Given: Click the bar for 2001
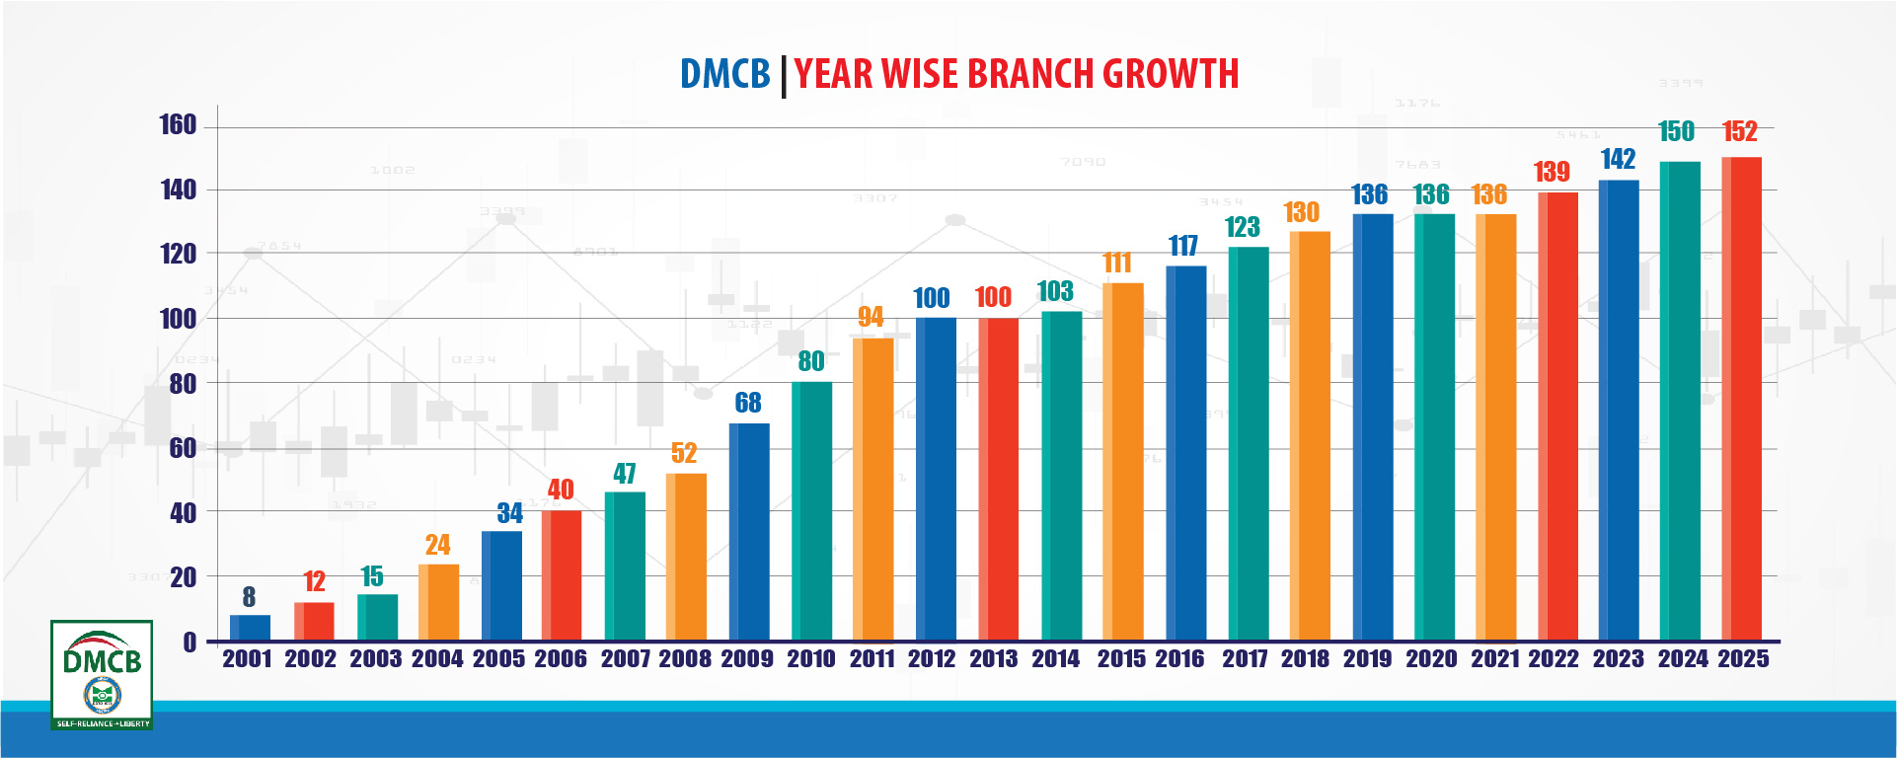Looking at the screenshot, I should point(250,628).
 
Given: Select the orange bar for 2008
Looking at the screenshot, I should point(686,557).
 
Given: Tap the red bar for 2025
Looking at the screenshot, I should point(1741,399).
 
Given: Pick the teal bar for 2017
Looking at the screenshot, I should point(1249,443).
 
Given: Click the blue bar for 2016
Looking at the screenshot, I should point(1185,453).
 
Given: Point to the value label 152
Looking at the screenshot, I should point(1739,132).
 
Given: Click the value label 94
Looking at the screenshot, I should point(871,317).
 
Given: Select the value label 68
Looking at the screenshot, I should point(748,403).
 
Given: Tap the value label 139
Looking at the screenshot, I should point(1552,172).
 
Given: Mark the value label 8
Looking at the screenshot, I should point(249,597).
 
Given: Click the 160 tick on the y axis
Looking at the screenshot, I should point(178,125).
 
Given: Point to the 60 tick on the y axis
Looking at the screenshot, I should point(183,448).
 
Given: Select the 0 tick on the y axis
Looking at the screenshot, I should point(190,643).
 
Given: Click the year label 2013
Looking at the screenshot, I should point(993,659).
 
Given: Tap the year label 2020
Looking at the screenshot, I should point(1431,659).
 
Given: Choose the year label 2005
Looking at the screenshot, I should point(498,659).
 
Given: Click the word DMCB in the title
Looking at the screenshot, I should point(724,74).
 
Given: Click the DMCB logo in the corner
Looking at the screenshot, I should point(102,675).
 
